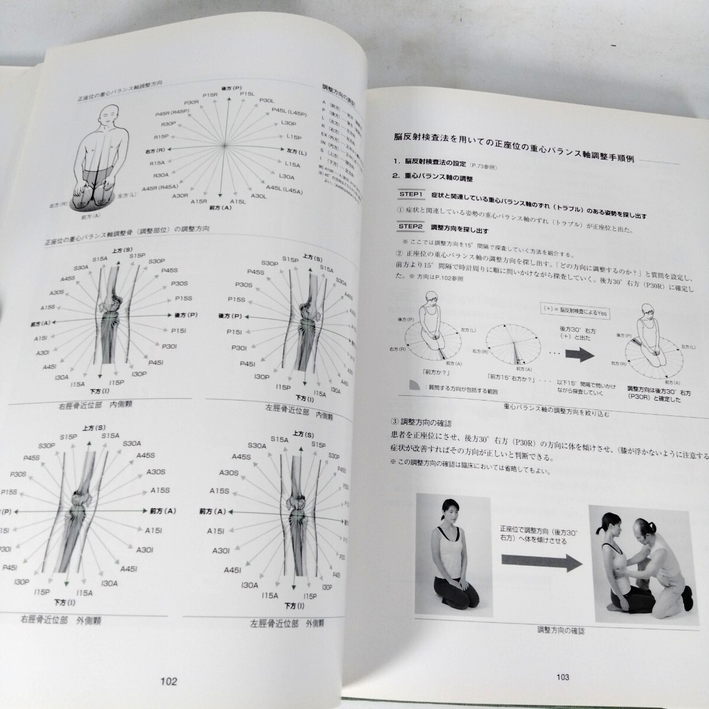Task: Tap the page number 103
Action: pyautogui.click(x=562, y=677)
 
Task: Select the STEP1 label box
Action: pyautogui.click(x=411, y=194)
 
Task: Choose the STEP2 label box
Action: pyautogui.click(x=411, y=226)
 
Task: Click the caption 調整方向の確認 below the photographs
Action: pyautogui.click(x=561, y=630)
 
